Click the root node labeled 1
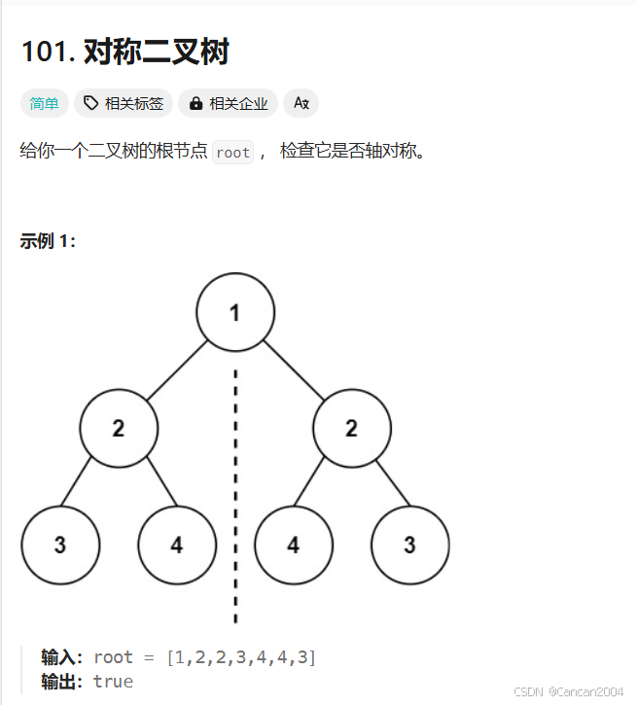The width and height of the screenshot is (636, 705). pos(235,312)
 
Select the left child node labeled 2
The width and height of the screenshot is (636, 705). pos(119,428)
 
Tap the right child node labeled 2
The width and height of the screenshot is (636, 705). pos(352,428)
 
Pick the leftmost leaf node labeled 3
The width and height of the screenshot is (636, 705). pos(60,545)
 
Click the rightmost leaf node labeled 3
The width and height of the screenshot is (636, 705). pos(410,545)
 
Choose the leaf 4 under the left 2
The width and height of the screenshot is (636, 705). pos(177,545)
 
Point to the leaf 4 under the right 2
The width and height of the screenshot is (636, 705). pos(294,545)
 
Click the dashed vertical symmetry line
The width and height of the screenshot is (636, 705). pos(235,486)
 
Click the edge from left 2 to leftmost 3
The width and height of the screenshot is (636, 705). pos(89,486)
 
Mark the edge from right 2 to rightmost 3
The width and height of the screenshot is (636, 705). pos(381,486)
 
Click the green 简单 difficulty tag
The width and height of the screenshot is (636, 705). pos(44,103)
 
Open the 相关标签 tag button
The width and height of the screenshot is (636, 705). pos(124,103)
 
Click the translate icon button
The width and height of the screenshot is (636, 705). pos(300,103)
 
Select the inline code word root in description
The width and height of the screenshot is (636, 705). pos(233,153)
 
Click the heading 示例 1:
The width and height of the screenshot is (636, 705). pos(48,241)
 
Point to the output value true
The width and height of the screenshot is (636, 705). pos(113,681)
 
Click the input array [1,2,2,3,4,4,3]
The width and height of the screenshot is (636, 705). pos(241,657)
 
